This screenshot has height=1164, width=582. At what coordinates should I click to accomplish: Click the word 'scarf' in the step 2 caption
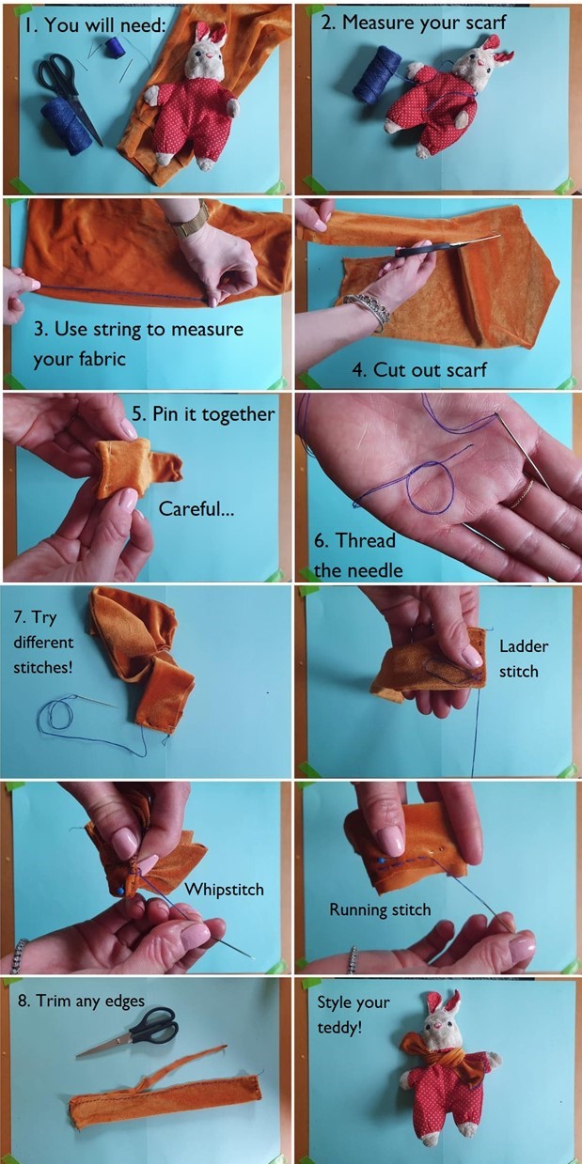click(x=482, y=23)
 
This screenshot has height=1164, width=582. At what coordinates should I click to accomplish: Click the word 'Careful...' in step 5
click(x=197, y=508)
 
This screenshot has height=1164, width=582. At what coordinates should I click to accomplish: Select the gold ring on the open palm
click(x=522, y=494)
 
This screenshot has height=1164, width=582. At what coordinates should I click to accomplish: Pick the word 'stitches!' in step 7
click(x=43, y=667)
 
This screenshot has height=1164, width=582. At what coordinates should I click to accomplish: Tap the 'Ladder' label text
click(x=523, y=646)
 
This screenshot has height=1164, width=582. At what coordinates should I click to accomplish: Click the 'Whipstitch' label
click(x=224, y=889)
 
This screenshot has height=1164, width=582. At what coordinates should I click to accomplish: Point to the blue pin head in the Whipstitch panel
click(x=120, y=891)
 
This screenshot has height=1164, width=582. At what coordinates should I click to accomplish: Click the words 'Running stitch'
click(x=380, y=909)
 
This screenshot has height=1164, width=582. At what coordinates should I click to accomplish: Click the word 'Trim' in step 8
click(x=53, y=1001)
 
